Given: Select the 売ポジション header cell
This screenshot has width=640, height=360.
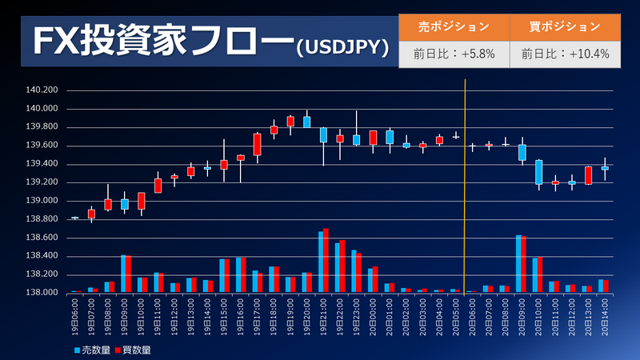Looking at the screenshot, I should [454, 26].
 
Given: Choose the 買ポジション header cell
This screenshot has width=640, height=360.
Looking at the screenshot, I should [565, 26].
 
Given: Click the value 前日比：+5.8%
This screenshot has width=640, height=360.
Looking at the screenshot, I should [454, 54].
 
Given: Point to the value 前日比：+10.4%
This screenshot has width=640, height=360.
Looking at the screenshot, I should [565, 54].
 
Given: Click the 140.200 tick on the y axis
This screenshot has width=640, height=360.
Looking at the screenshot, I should [42, 90].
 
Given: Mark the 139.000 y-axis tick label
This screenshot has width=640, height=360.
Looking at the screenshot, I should [42, 201].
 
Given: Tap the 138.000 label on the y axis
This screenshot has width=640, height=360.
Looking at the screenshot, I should [42, 293].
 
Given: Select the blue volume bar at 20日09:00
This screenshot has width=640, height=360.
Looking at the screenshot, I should [518, 264].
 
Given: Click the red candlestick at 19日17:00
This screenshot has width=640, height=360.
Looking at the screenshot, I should [257, 144].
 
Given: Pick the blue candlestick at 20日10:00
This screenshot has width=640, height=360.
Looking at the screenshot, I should [538, 172].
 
